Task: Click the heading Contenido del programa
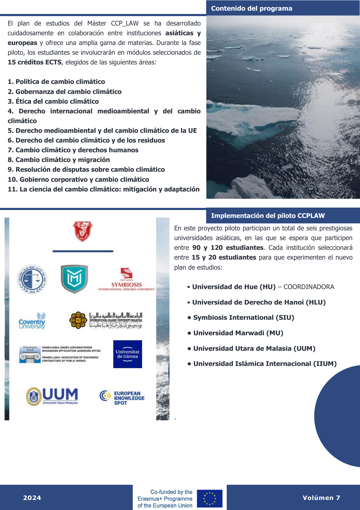(251, 9)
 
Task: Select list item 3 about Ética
(53, 101)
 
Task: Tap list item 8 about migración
(59, 160)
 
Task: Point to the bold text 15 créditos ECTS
(34, 62)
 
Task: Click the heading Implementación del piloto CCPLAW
(268, 216)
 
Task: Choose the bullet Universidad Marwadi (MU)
(238, 333)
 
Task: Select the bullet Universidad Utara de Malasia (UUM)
(254, 349)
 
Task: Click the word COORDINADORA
(309, 287)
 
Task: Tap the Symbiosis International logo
(126, 279)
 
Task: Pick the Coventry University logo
(32, 321)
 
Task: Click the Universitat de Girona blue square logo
(128, 354)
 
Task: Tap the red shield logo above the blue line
(83, 231)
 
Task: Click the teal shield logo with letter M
(74, 278)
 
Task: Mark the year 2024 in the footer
(32, 498)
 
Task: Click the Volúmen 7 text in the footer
(321, 498)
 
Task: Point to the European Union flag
(209, 498)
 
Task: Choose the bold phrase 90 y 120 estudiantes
(228, 248)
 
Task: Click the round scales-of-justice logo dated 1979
(32, 279)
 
